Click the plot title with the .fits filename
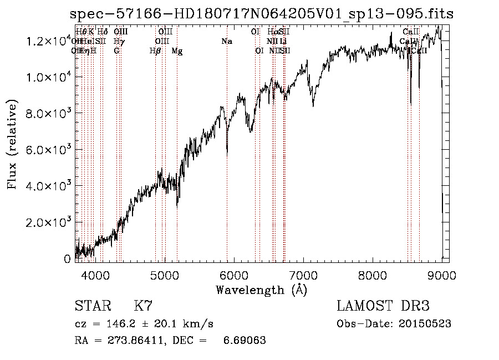tap(262, 14)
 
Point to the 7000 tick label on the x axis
tap(303, 275)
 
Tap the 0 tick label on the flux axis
tap(68, 258)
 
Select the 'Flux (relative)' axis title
tap(12, 144)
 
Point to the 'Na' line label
tap(227, 42)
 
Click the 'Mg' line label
tap(177, 51)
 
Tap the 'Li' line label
tap(283, 42)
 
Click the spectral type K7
tap(143, 306)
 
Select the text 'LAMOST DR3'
tap(383, 306)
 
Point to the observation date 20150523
tap(422, 324)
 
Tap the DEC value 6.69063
tap(245, 340)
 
